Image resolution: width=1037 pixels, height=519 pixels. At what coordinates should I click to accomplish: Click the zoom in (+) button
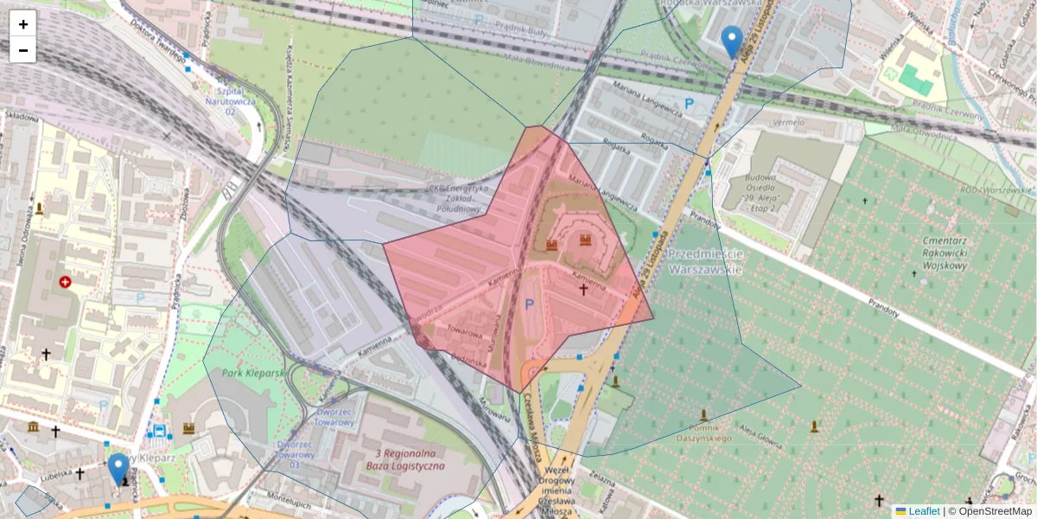pos(23,24)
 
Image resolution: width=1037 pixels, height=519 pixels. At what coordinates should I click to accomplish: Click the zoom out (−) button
pos(23,50)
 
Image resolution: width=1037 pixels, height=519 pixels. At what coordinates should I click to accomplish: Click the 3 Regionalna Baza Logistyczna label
pos(410,459)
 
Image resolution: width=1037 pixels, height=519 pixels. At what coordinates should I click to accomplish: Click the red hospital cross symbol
pos(65,282)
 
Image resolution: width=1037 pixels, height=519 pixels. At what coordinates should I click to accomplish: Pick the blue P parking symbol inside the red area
pos(530,304)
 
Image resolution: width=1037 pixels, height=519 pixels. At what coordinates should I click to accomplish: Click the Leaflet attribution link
pos(923,511)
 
